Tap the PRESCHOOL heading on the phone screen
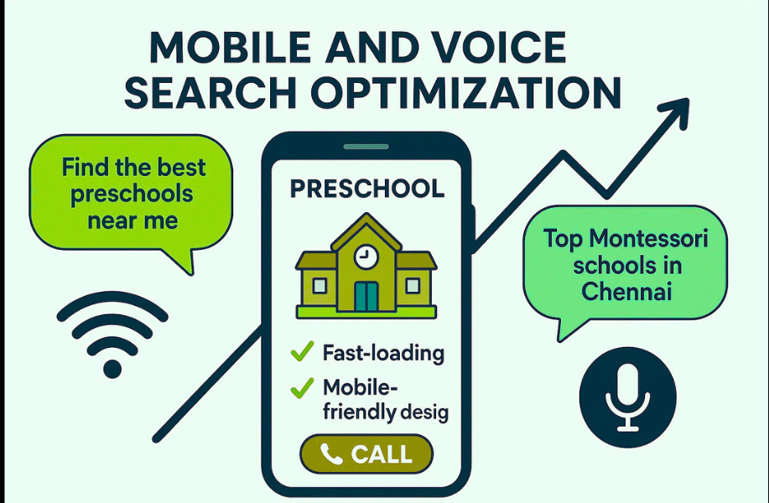pyautogui.click(x=366, y=189)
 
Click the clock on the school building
pyautogui.click(x=366, y=257)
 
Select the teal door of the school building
pyautogui.click(x=366, y=296)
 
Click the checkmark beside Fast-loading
pyautogui.click(x=301, y=352)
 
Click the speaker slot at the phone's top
pyautogui.click(x=366, y=147)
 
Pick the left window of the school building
pyautogui.click(x=320, y=286)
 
